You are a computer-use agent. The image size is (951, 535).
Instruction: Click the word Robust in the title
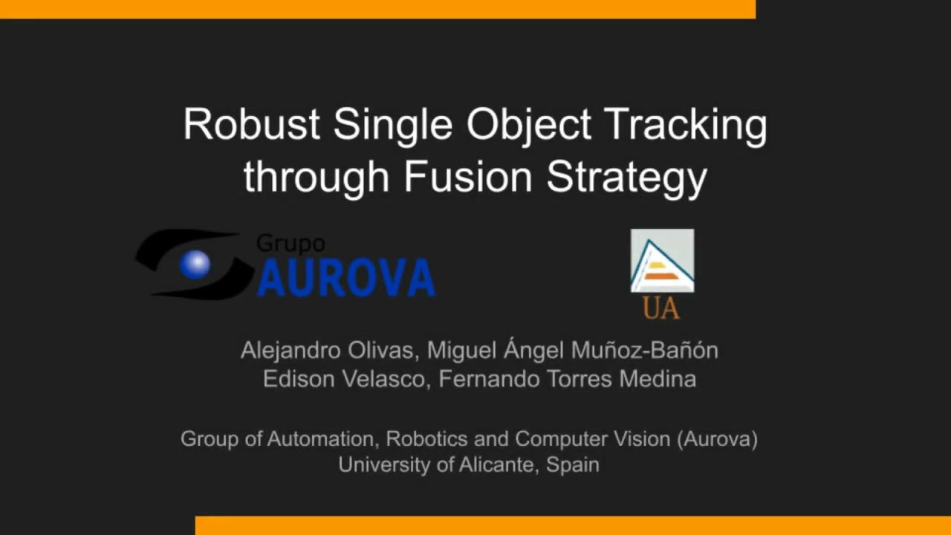[252, 124]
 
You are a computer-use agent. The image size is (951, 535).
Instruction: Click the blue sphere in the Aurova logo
[195, 265]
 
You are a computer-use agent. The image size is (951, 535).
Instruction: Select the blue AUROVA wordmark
[345, 278]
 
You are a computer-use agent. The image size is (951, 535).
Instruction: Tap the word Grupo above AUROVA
[291, 244]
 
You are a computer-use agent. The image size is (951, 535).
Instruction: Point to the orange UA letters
[660, 308]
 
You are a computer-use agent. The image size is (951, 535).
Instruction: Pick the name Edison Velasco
[344, 379]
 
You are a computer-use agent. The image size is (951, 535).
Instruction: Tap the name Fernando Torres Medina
[567, 379]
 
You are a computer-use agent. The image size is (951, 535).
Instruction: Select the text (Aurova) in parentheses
[717, 438]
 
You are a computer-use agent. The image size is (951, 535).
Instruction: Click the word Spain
[572, 465]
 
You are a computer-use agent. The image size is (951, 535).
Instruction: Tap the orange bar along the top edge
[377, 9]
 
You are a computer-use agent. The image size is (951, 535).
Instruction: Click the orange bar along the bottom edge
[572, 525]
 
